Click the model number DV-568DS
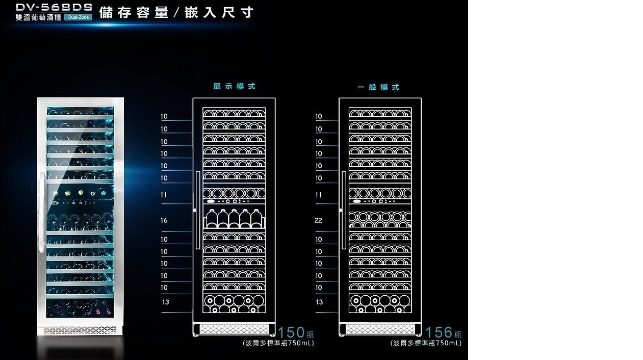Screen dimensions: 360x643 pos(54,7)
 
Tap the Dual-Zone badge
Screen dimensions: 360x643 pos(78,17)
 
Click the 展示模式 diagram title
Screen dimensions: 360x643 pos(234,86)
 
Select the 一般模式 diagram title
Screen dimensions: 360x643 pos(378,87)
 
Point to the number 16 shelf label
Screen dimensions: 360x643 pos(164,220)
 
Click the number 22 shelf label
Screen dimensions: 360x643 pos(318,220)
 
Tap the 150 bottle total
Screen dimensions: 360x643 pos(292,333)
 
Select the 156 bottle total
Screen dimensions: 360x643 pos(439,333)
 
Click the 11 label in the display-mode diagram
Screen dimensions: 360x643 pos(164,195)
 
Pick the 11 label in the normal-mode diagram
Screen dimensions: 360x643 pos(318,195)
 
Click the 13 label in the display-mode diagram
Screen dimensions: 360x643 pos(165,302)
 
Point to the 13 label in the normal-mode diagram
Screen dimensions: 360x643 pos(319,302)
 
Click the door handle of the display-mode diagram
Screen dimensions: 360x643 pos(197,210)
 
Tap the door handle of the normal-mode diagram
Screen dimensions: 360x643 pos(344,210)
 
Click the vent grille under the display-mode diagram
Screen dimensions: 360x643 pos(234,329)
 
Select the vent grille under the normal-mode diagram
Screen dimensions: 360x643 pos(380,329)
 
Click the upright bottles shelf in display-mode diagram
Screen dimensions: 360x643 pos(234,219)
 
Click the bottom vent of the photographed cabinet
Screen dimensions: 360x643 pos(80,330)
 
